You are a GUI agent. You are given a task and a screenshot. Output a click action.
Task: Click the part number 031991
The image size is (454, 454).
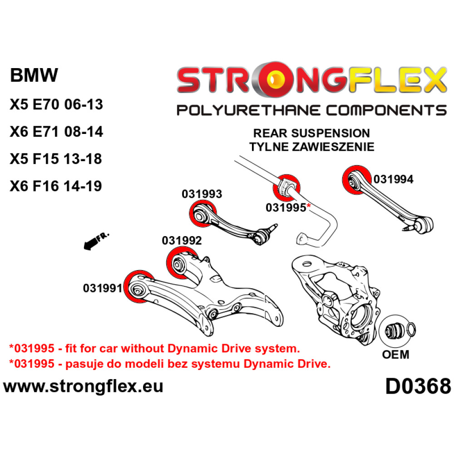[103, 288]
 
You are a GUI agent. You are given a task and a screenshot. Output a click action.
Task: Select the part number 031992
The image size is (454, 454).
[182, 240]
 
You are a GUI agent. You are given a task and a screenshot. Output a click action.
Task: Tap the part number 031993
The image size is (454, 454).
[202, 194]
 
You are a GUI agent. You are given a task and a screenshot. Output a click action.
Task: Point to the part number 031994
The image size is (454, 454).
[393, 180]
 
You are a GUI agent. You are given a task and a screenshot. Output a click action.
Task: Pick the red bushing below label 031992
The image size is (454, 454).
[179, 262]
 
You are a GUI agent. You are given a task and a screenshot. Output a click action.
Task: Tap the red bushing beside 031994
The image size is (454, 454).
[355, 180]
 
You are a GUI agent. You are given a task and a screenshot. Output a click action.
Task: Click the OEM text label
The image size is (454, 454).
[396, 354]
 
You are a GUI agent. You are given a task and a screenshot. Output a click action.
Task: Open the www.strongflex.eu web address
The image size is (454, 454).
[83, 387]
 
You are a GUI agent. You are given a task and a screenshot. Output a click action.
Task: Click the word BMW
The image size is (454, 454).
[34, 75]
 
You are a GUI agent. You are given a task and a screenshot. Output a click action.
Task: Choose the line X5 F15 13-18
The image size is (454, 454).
[56, 159]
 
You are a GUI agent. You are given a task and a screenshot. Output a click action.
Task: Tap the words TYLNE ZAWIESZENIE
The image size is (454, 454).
[311, 147]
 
